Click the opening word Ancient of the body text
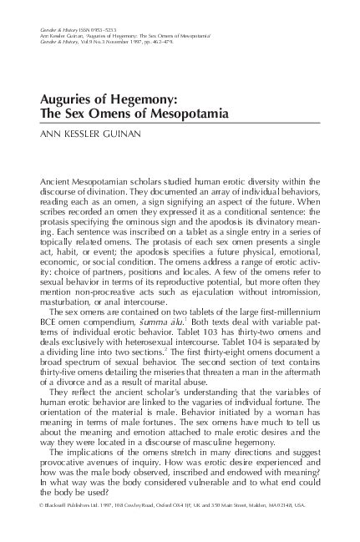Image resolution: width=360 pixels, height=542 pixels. pos(59,181)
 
